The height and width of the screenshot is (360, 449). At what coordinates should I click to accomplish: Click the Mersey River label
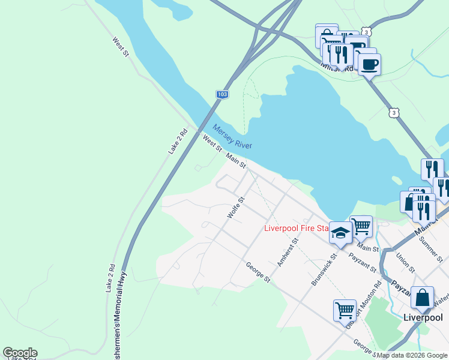[x=232, y=137]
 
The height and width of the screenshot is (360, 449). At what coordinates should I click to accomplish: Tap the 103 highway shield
[x=222, y=95]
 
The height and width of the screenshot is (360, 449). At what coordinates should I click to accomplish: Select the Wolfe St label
[x=236, y=207]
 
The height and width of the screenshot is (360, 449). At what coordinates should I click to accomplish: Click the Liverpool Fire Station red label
[x=297, y=228]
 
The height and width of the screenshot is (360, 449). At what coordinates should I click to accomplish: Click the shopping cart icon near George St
[x=345, y=310]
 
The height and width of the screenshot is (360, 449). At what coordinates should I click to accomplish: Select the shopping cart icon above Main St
[x=361, y=226]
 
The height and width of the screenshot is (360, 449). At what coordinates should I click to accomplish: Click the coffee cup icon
[x=369, y=63]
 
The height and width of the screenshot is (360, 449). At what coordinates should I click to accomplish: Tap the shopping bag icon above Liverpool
[x=422, y=298]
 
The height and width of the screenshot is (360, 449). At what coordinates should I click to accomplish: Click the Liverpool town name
[x=423, y=317]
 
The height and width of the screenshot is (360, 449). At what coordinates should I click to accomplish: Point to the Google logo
[x=19, y=353]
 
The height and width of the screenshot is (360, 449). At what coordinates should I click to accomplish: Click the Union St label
[x=405, y=262]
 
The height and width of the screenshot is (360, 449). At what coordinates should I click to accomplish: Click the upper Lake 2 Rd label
[x=178, y=141]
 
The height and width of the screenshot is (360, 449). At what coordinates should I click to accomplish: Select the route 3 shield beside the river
[x=393, y=112]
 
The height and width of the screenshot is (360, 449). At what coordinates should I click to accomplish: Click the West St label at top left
[x=121, y=47]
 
